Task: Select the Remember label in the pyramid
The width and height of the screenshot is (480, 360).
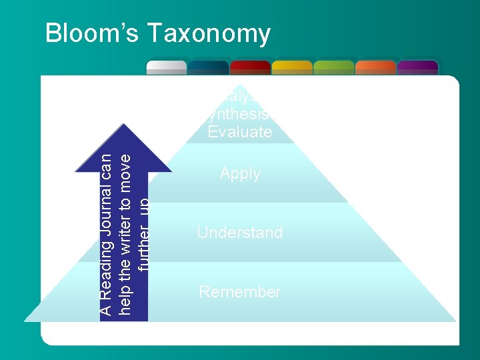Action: (x=240, y=292)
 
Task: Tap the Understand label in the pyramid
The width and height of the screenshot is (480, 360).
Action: (x=240, y=233)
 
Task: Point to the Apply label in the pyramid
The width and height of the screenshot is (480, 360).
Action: (x=240, y=174)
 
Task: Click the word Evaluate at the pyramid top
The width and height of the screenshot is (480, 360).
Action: (x=240, y=132)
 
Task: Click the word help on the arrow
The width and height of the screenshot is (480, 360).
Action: (x=125, y=301)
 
